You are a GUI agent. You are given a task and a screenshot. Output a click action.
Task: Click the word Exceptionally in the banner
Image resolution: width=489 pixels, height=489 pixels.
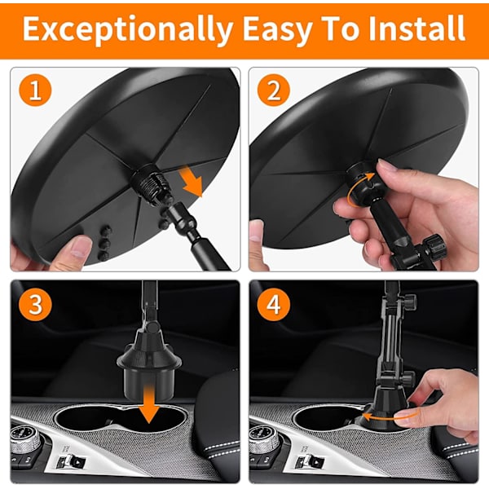point(128,29)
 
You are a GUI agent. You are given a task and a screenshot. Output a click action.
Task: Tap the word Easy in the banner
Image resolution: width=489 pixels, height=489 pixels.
point(278,29)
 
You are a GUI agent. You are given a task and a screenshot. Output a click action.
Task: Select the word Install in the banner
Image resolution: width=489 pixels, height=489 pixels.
point(416,28)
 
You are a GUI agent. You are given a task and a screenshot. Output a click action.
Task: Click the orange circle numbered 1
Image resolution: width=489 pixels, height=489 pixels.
point(35,90)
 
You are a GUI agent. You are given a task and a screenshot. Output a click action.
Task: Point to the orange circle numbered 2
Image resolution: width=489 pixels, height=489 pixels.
point(274,90)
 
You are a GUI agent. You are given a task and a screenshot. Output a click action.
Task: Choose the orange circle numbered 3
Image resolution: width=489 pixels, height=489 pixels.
point(35,305)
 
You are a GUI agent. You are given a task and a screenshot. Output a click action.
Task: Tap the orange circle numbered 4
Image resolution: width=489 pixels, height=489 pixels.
point(274,305)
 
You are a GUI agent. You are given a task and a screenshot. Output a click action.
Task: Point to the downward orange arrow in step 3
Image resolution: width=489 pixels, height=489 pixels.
point(149,404)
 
